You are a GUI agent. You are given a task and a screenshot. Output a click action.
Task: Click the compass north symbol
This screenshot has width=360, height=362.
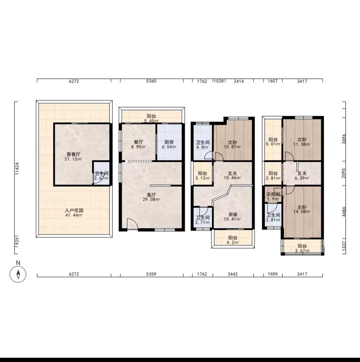tap(18, 274)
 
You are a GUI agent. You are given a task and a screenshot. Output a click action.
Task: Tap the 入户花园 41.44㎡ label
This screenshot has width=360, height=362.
tap(74, 213)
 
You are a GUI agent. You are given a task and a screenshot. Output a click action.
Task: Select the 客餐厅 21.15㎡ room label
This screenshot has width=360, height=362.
tap(73, 156)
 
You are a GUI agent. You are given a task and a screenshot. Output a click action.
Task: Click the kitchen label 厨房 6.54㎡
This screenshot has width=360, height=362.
tap(169, 144)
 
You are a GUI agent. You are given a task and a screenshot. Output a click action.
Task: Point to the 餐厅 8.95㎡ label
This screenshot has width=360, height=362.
tap(139, 144)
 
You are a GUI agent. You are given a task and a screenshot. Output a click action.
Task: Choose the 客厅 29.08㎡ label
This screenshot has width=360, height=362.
tap(151, 197)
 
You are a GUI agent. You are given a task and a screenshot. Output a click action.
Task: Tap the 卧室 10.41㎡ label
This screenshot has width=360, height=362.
tap(232, 216)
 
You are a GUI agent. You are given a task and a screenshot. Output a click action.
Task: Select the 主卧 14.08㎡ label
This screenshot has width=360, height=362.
tap(302, 209)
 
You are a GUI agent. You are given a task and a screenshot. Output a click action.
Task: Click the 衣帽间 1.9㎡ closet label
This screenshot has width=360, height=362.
tap(273, 196)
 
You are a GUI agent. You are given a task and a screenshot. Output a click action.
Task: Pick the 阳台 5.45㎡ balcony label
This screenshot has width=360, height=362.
tap(151, 118)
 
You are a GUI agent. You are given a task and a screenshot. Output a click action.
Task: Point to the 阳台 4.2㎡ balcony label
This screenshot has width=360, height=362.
tap(232, 240)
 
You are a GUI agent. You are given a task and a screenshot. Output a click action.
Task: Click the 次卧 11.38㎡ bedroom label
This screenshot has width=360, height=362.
tap(302, 142)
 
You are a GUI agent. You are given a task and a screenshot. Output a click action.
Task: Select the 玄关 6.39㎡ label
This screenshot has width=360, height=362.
tap(302, 176)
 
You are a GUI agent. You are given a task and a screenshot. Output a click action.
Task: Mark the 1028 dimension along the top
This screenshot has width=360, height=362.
tap(219, 81)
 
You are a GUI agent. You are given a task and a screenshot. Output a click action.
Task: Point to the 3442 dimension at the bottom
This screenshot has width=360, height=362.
tap(233, 274)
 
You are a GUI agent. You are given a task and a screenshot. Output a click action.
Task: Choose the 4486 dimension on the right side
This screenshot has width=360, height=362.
tap(344, 212)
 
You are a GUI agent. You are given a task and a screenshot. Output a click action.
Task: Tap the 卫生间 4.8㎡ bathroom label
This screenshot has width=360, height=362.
tap(203, 145)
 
